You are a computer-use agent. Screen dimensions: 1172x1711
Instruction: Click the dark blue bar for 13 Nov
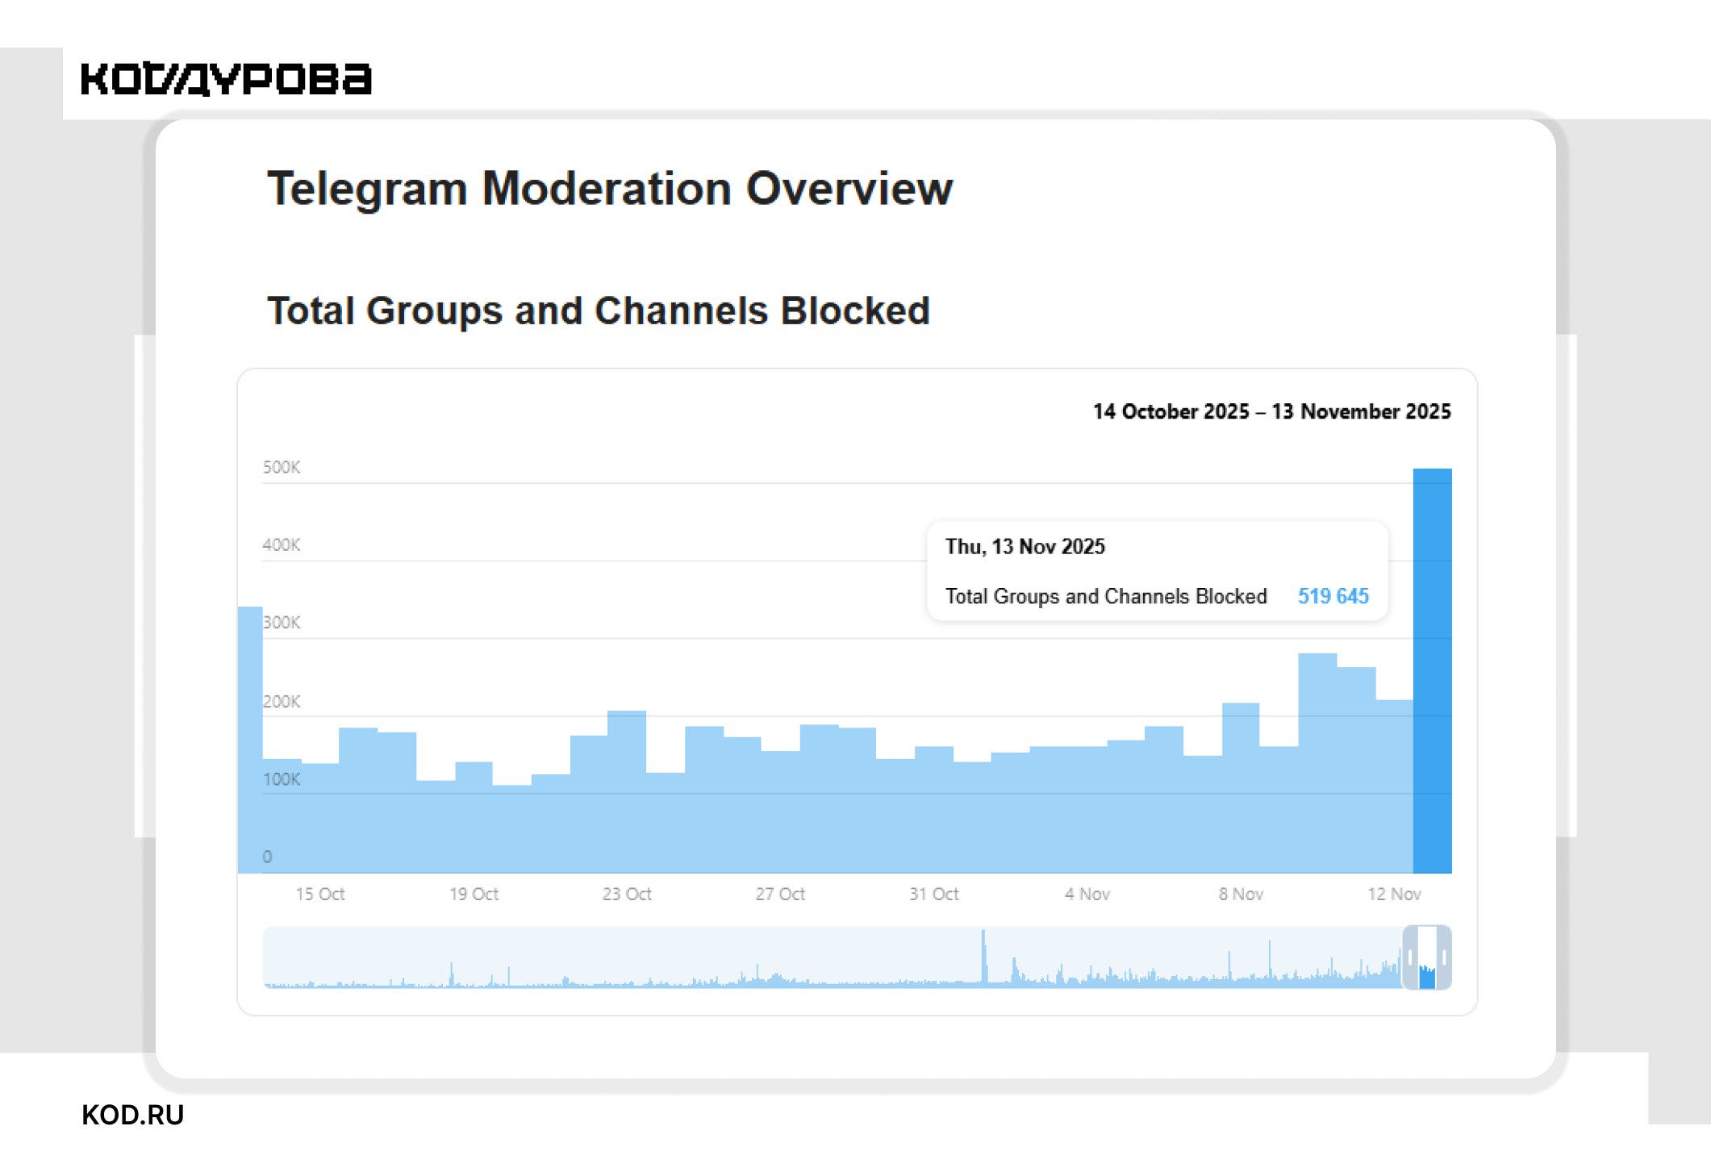[x=1432, y=669]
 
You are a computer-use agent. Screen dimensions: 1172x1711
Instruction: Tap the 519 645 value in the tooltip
[x=1333, y=596]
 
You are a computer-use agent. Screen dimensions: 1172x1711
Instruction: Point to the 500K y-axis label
[x=281, y=467]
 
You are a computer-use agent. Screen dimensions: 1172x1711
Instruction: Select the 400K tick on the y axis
[x=281, y=544]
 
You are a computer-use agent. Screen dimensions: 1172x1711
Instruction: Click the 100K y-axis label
[x=281, y=779]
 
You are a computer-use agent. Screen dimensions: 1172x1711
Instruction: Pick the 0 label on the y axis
[x=267, y=857]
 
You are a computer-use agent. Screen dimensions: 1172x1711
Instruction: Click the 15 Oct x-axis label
[x=319, y=894]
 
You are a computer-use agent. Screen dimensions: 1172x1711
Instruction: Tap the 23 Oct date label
[x=626, y=894]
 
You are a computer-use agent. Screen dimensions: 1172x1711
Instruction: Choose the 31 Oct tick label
[x=933, y=894]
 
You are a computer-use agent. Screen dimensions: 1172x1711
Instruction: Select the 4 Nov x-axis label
[x=1087, y=894]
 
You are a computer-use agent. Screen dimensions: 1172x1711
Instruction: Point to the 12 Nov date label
[x=1394, y=894]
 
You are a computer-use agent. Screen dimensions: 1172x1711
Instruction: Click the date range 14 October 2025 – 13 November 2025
[x=1271, y=411]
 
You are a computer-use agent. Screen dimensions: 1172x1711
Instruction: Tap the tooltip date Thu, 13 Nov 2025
[x=1025, y=547]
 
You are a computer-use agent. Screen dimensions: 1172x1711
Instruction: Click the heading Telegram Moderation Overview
[x=610, y=189]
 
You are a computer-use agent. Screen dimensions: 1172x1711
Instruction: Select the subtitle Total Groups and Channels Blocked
[x=599, y=311]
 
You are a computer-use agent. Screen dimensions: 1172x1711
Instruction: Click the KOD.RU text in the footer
[x=133, y=1115]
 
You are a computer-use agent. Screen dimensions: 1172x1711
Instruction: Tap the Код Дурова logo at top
[x=226, y=79]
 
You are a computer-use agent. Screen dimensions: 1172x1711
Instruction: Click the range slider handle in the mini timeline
[x=1427, y=957]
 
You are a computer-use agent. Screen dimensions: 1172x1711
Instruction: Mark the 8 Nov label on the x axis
[x=1241, y=894]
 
